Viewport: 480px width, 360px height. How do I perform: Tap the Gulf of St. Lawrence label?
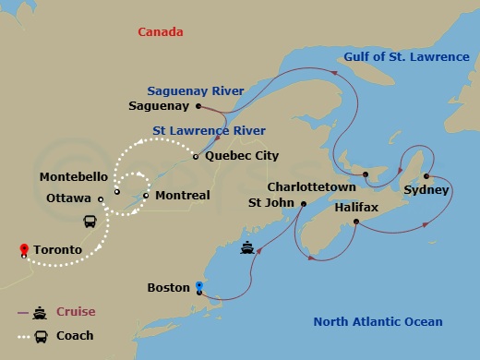pos(406,57)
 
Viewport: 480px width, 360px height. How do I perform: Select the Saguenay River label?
pos(195,90)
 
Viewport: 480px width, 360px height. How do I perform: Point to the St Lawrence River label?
pos(209,130)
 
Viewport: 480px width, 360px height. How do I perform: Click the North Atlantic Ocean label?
pos(378,322)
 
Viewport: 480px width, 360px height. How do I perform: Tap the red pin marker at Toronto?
pos(23,248)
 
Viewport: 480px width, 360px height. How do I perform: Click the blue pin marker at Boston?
pos(198,286)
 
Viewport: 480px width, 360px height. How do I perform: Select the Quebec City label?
pos(242,156)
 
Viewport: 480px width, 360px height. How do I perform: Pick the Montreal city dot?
pos(146,196)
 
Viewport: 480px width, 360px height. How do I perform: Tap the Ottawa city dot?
pos(100,198)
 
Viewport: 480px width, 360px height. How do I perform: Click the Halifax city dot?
pos(356,222)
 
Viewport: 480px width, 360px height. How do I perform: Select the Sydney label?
pos(426,190)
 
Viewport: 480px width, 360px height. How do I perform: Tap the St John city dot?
pos(304,203)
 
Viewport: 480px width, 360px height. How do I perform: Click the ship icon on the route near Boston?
pos(247,247)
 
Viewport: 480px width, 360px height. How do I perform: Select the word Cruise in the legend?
pos(76,312)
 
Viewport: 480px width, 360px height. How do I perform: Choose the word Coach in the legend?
pos(75,335)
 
